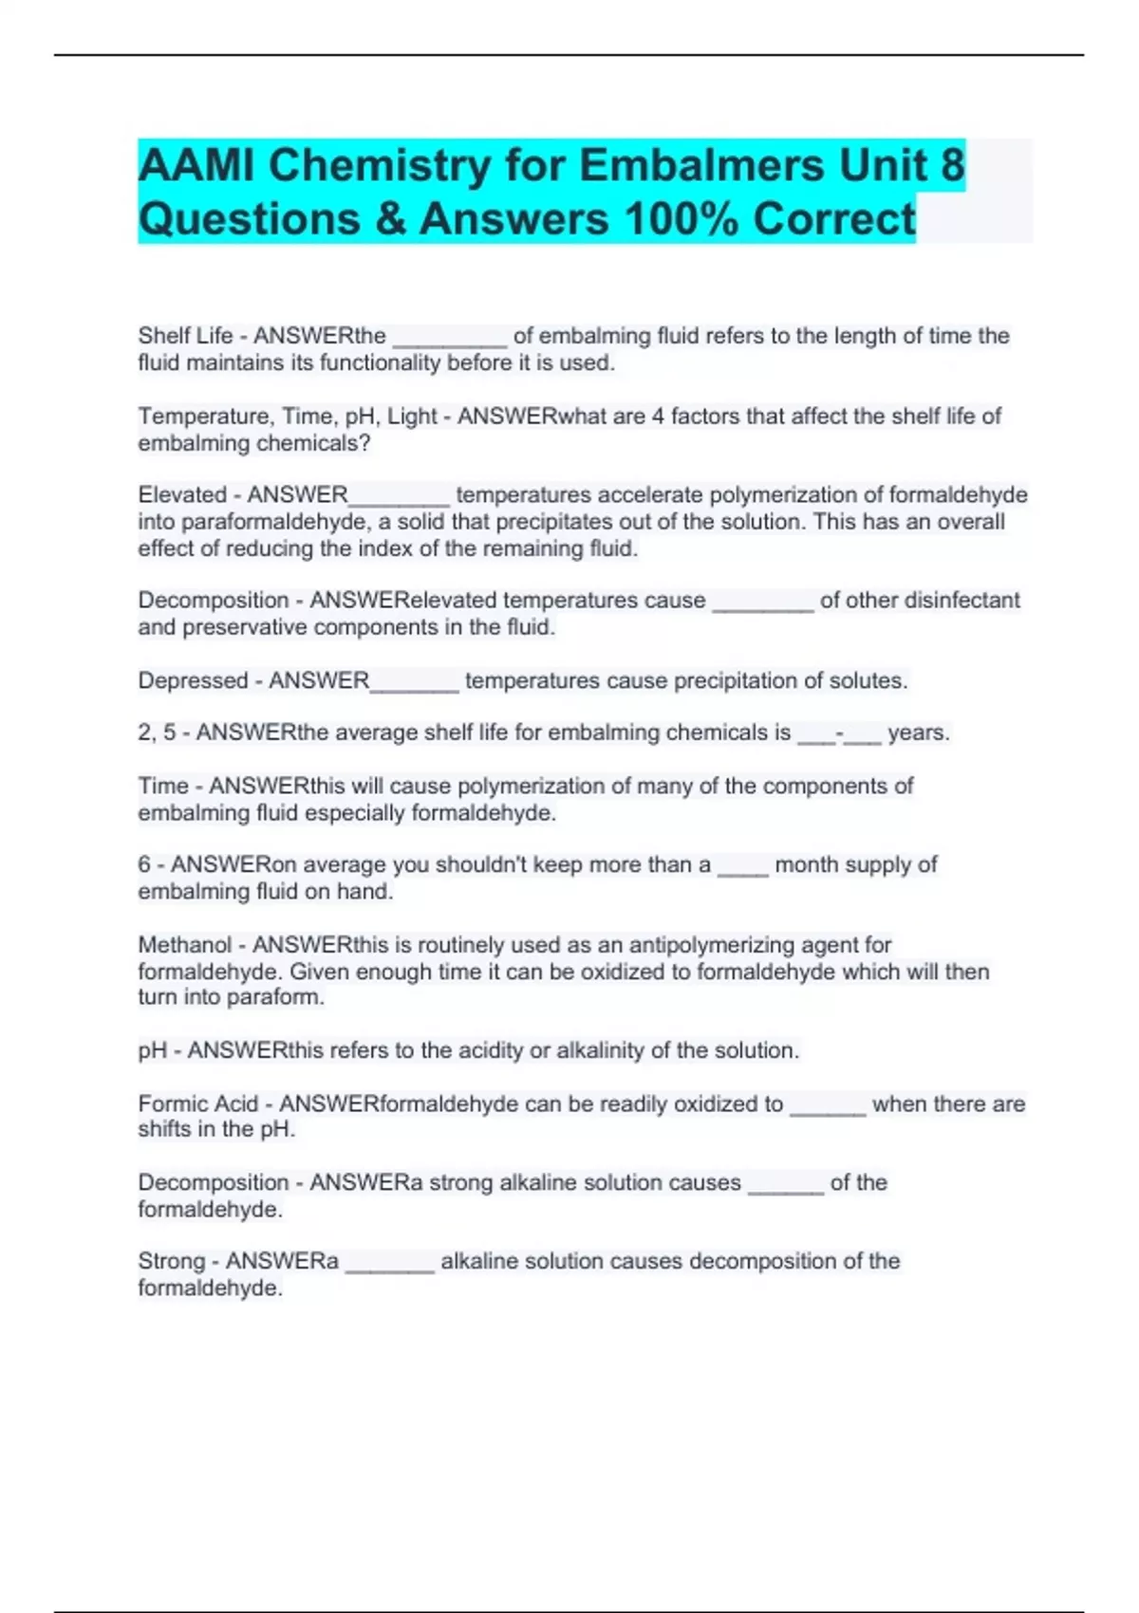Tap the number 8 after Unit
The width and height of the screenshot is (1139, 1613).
point(952,165)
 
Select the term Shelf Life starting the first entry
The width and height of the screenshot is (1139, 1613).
point(185,336)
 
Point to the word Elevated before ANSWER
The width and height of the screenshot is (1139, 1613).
point(182,495)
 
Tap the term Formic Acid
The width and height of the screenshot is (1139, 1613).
point(197,1104)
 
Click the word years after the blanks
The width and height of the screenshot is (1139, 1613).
point(918,733)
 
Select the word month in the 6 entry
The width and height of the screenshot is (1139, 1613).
point(806,865)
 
